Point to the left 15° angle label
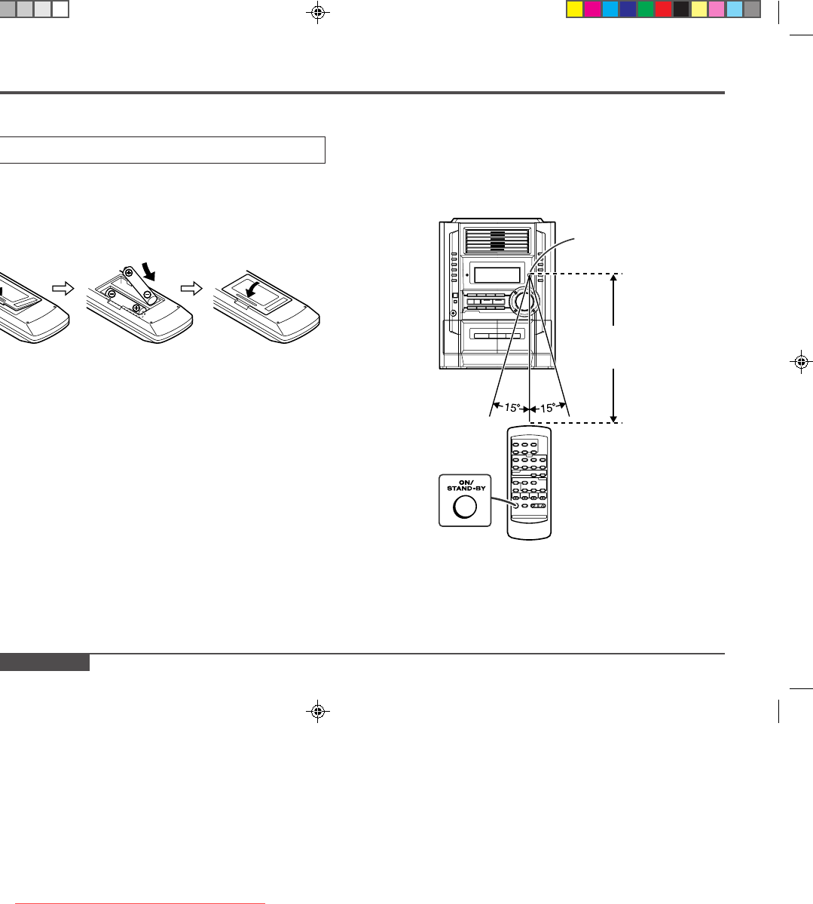coord(512,407)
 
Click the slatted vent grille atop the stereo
coord(497,241)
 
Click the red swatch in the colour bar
coord(663,10)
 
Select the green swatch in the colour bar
coord(646,10)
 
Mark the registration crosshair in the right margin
coord(801,362)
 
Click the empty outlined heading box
coord(162,150)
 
